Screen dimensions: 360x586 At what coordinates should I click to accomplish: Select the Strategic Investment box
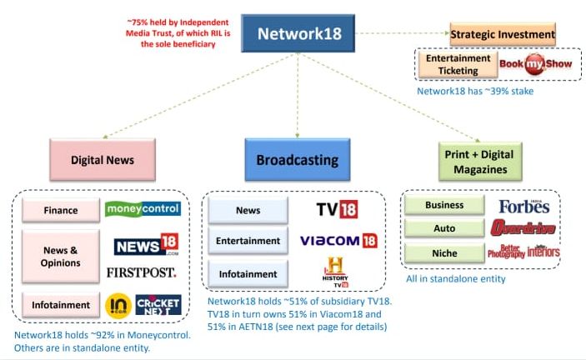click(x=503, y=34)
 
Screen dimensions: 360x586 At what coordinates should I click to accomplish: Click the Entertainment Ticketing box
click(x=458, y=63)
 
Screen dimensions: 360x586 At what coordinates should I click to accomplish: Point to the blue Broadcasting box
click(x=297, y=159)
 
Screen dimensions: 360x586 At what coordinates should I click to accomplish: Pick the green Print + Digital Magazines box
click(x=479, y=161)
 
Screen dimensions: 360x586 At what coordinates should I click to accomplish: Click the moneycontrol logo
click(x=143, y=208)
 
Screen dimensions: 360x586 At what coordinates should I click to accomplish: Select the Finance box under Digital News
click(x=60, y=211)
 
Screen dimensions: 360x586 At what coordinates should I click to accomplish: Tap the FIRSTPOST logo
click(x=142, y=272)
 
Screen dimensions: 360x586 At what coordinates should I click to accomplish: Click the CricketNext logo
click(x=158, y=305)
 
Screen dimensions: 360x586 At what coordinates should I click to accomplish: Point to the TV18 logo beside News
click(x=338, y=208)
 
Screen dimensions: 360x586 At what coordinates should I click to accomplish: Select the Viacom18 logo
click(x=338, y=241)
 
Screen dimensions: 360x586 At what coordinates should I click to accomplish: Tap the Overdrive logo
click(x=524, y=227)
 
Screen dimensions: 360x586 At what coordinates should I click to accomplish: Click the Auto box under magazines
click(x=444, y=227)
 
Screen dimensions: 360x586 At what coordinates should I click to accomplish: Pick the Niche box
click(x=444, y=252)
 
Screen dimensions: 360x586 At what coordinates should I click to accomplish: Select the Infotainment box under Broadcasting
click(x=248, y=273)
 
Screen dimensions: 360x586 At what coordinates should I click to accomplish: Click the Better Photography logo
click(x=506, y=252)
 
